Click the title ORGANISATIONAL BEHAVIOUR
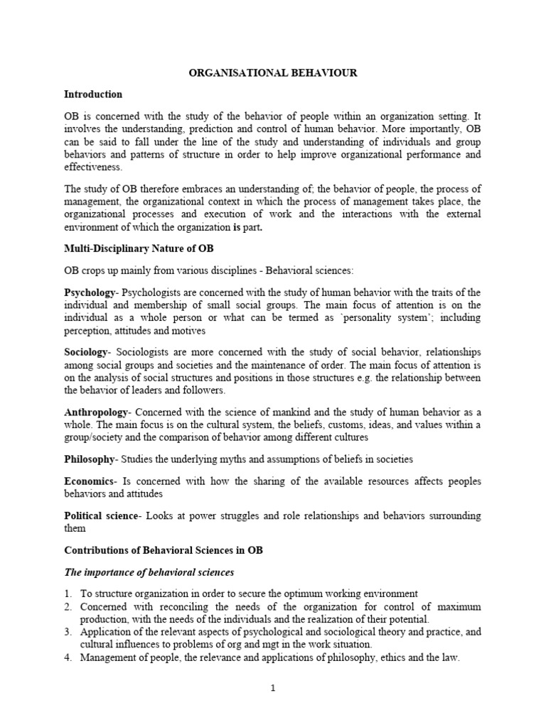pos(273,73)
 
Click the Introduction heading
pos(93,94)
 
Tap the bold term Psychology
pos(89,293)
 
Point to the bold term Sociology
pos(86,352)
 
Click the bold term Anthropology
pos(96,412)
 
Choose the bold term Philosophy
pos(89,459)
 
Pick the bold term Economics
pos(89,481)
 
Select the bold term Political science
pos(100,515)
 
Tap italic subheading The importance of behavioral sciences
pos(149,572)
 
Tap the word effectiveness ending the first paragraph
pos(93,168)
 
